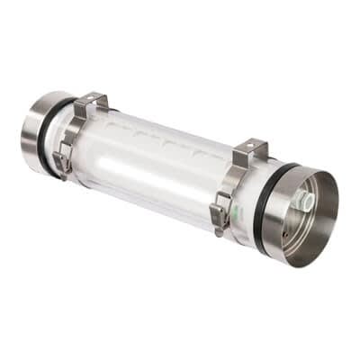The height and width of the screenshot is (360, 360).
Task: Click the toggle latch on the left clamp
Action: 62,162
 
